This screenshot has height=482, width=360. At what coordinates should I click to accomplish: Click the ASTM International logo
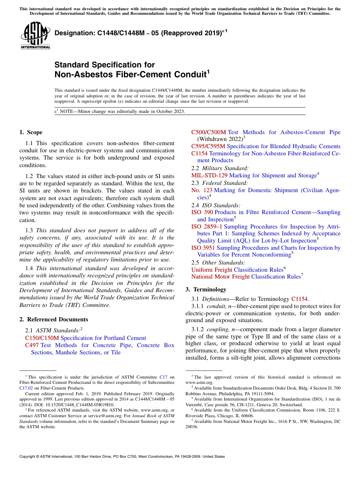(x=35, y=36)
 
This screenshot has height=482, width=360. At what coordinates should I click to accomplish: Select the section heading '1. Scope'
(x=31, y=132)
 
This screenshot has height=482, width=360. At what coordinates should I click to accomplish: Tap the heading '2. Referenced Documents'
(x=53, y=319)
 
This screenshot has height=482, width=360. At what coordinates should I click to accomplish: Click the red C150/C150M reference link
(x=42, y=338)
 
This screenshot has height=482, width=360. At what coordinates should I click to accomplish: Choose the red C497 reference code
(x=32, y=345)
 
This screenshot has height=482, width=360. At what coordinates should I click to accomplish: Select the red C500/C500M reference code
(x=208, y=132)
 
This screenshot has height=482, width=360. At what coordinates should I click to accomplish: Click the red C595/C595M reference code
(x=208, y=146)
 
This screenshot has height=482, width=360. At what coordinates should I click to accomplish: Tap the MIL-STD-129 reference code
(x=209, y=175)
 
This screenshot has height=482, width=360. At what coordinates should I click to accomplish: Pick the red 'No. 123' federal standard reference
(x=202, y=190)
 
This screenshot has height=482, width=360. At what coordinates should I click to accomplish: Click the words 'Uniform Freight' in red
(x=211, y=270)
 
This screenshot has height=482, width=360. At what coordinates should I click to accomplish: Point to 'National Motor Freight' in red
(x=220, y=277)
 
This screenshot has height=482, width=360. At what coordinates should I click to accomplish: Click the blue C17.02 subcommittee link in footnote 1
(x=25, y=388)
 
